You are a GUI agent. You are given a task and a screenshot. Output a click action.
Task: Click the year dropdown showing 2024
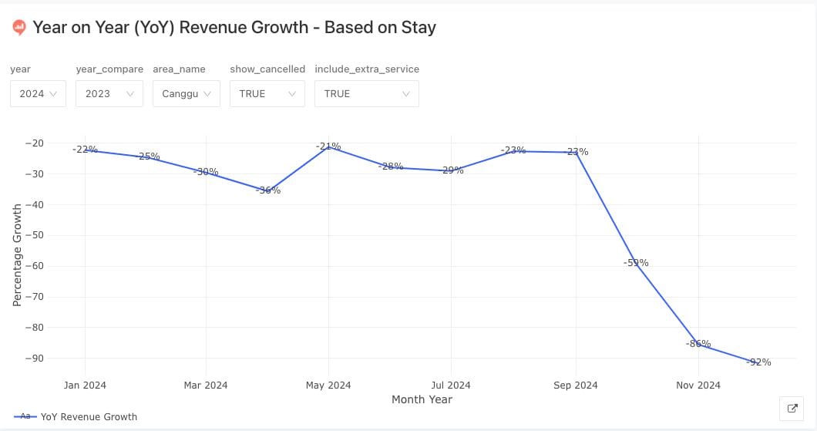click(38, 94)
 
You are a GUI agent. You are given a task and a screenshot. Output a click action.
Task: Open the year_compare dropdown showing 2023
click(109, 94)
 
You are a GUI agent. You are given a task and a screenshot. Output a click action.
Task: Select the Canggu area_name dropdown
click(186, 94)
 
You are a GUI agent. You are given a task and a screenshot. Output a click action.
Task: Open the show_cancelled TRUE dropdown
click(267, 94)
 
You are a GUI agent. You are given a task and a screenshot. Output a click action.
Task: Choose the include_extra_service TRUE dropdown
click(366, 94)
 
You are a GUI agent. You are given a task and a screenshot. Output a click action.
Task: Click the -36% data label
click(268, 190)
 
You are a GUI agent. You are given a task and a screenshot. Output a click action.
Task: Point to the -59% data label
click(636, 263)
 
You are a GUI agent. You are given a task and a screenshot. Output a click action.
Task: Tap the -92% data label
click(759, 362)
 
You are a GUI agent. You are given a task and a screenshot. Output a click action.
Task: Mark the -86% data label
click(698, 344)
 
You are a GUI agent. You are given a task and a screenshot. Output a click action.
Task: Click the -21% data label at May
click(328, 146)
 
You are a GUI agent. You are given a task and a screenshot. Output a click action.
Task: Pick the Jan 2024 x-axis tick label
click(85, 385)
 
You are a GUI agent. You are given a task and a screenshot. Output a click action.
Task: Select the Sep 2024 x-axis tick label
click(575, 385)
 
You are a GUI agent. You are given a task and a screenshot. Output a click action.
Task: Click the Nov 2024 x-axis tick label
click(698, 385)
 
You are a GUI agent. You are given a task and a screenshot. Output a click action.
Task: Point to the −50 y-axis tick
click(34, 235)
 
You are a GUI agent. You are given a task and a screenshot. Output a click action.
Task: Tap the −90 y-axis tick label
click(34, 359)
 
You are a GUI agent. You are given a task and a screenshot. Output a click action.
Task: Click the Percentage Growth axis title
click(17, 254)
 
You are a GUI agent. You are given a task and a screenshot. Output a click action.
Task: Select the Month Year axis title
click(422, 399)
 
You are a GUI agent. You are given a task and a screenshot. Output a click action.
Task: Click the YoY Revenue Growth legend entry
click(89, 416)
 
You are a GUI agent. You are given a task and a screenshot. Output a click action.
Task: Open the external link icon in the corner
click(792, 409)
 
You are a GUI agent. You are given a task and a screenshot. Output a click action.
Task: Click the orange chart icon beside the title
click(19, 28)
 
